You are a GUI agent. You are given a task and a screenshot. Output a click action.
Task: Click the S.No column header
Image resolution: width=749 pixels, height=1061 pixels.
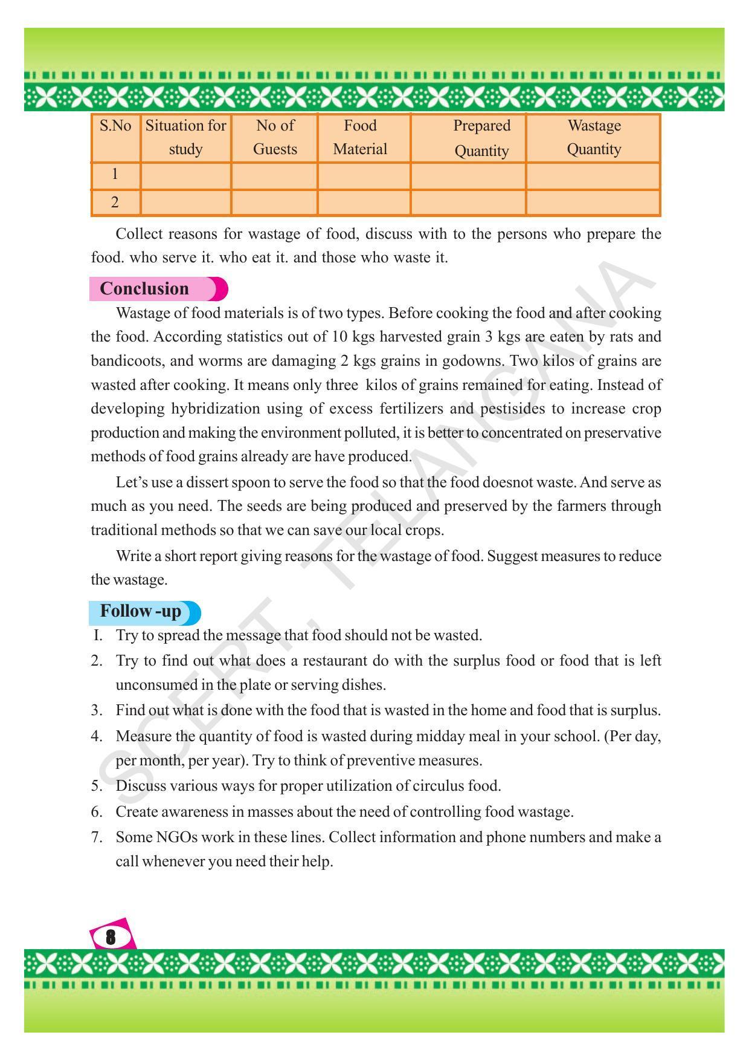click(115, 126)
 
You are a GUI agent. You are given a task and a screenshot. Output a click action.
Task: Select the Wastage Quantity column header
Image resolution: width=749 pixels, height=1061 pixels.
click(593, 137)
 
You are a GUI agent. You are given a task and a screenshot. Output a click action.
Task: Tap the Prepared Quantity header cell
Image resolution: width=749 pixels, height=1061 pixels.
click(481, 138)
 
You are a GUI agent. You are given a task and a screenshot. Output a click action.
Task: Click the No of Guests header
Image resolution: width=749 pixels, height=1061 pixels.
click(275, 137)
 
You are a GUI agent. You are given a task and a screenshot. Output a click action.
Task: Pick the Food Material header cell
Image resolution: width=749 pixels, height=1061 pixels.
click(360, 137)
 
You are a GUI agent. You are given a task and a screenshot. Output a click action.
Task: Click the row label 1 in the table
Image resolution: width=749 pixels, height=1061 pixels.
click(115, 175)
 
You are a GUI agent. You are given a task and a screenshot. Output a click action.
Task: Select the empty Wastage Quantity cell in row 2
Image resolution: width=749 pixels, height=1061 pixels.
click(593, 203)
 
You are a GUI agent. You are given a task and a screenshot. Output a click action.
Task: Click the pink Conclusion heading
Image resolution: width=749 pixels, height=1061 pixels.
click(145, 288)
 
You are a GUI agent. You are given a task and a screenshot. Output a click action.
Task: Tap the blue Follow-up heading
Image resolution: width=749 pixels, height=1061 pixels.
click(141, 611)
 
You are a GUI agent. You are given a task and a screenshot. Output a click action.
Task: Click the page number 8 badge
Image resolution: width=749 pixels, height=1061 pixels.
click(111, 937)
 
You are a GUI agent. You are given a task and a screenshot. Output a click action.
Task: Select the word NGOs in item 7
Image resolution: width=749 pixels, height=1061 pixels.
click(176, 837)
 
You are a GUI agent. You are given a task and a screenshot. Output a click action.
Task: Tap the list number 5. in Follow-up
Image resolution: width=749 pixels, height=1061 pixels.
click(97, 786)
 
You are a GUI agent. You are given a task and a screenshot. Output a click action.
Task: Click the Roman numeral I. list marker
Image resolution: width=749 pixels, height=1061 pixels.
click(98, 635)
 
